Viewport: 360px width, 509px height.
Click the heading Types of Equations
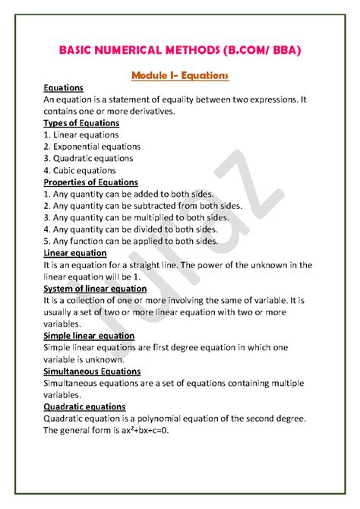pyautogui.click(x=81, y=123)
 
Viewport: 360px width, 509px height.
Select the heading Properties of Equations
pyautogui.click(x=90, y=182)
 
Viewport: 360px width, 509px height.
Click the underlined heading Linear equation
pyautogui.click(x=75, y=253)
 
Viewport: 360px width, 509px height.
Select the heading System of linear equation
pyautogui.click(x=95, y=288)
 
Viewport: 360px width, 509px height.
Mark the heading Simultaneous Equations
pyautogui.click(x=92, y=371)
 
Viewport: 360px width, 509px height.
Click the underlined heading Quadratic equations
pyautogui.click(x=84, y=406)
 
